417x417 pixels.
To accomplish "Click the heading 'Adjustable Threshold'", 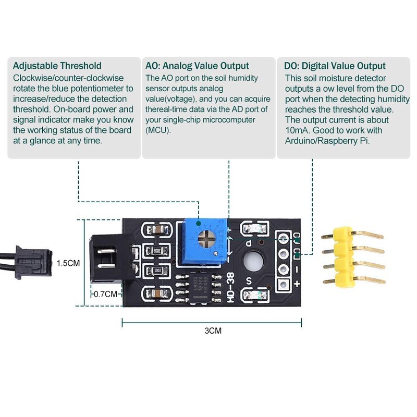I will coord(57,66).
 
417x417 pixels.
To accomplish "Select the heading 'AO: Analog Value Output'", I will coord(198,66).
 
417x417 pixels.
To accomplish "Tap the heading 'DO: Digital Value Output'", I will coord(335,66).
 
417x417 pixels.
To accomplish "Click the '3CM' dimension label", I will coord(211,330).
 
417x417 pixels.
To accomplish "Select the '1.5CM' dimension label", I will coord(68,263).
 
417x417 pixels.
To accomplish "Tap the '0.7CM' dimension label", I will coord(106,294).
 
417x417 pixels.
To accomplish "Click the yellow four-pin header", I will coord(342,257).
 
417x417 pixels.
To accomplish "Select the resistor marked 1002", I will coord(157,271).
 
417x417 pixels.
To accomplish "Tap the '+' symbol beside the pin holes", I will coord(297,284).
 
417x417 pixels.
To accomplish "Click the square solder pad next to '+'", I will coord(284,285).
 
